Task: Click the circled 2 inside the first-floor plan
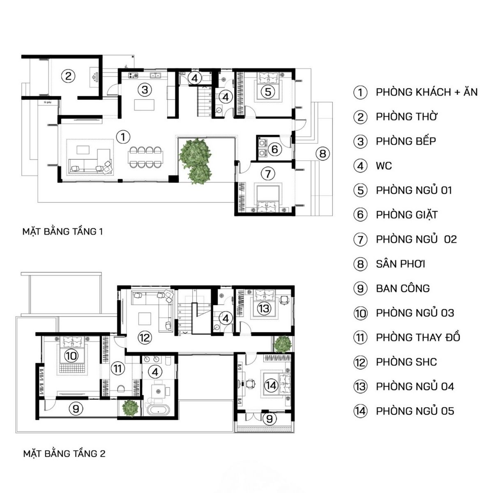(69, 76)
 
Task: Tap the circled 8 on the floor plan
(323, 154)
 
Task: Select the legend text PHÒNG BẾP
(405, 141)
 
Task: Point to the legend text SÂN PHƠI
(400, 264)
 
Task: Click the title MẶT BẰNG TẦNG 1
(62, 232)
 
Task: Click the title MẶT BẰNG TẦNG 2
(64, 454)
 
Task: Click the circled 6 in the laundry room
(274, 149)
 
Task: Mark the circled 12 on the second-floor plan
(145, 338)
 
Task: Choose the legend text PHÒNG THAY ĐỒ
(418, 338)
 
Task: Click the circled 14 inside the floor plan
(271, 385)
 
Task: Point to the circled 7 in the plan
(267, 173)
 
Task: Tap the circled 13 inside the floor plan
(264, 308)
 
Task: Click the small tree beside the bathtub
(130, 407)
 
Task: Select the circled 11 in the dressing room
(118, 368)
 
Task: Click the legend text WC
(384, 166)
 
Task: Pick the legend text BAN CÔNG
(403, 288)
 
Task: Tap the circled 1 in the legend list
(360, 92)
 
